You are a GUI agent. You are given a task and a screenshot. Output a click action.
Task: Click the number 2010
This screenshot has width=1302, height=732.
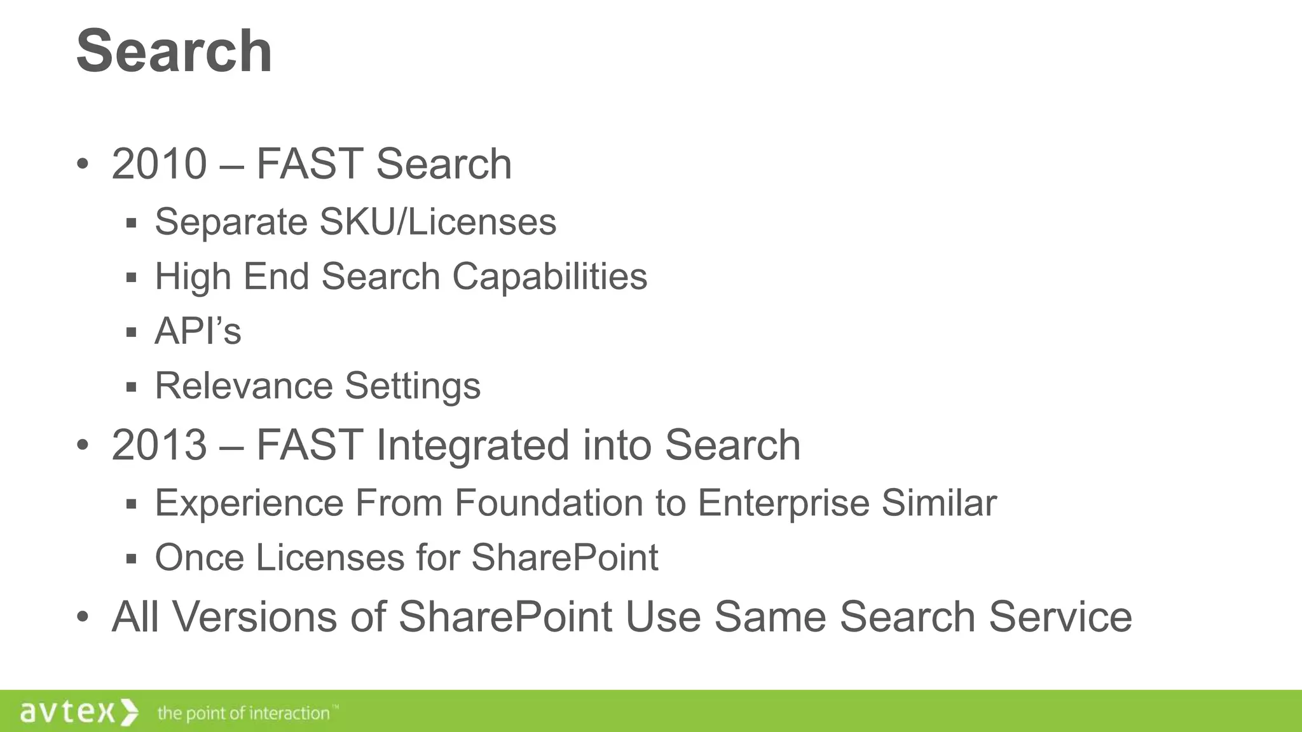[159, 164]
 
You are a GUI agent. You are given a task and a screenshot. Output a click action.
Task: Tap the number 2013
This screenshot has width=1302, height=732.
[159, 445]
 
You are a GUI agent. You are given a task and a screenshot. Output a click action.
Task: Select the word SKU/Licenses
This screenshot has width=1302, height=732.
[438, 222]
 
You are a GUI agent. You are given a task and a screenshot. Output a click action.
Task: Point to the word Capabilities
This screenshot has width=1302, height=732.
[549, 276]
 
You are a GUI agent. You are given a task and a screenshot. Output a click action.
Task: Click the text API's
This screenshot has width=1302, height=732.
[198, 331]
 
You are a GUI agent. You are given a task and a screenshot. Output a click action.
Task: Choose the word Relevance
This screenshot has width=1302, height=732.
[243, 386]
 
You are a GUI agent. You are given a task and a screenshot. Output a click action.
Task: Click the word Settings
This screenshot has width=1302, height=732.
[413, 386]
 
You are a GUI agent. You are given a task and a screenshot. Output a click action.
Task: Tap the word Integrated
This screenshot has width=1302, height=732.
[473, 445]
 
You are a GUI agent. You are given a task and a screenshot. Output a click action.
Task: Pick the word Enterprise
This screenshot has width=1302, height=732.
[783, 503]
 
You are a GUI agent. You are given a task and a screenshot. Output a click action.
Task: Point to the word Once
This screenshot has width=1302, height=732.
[200, 558]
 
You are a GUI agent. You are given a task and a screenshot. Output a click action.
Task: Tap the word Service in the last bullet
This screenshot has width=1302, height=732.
[1060, 617]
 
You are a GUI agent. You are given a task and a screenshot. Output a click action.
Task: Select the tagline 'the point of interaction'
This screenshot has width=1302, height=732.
[244, 713]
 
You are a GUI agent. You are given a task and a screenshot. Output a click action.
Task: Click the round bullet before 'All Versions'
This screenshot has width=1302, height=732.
[82, 617]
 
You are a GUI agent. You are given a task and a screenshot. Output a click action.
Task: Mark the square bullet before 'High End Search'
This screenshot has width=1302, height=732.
[132, 278]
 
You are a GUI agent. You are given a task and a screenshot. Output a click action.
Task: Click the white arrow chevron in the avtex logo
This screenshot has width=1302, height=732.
[129, 712]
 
